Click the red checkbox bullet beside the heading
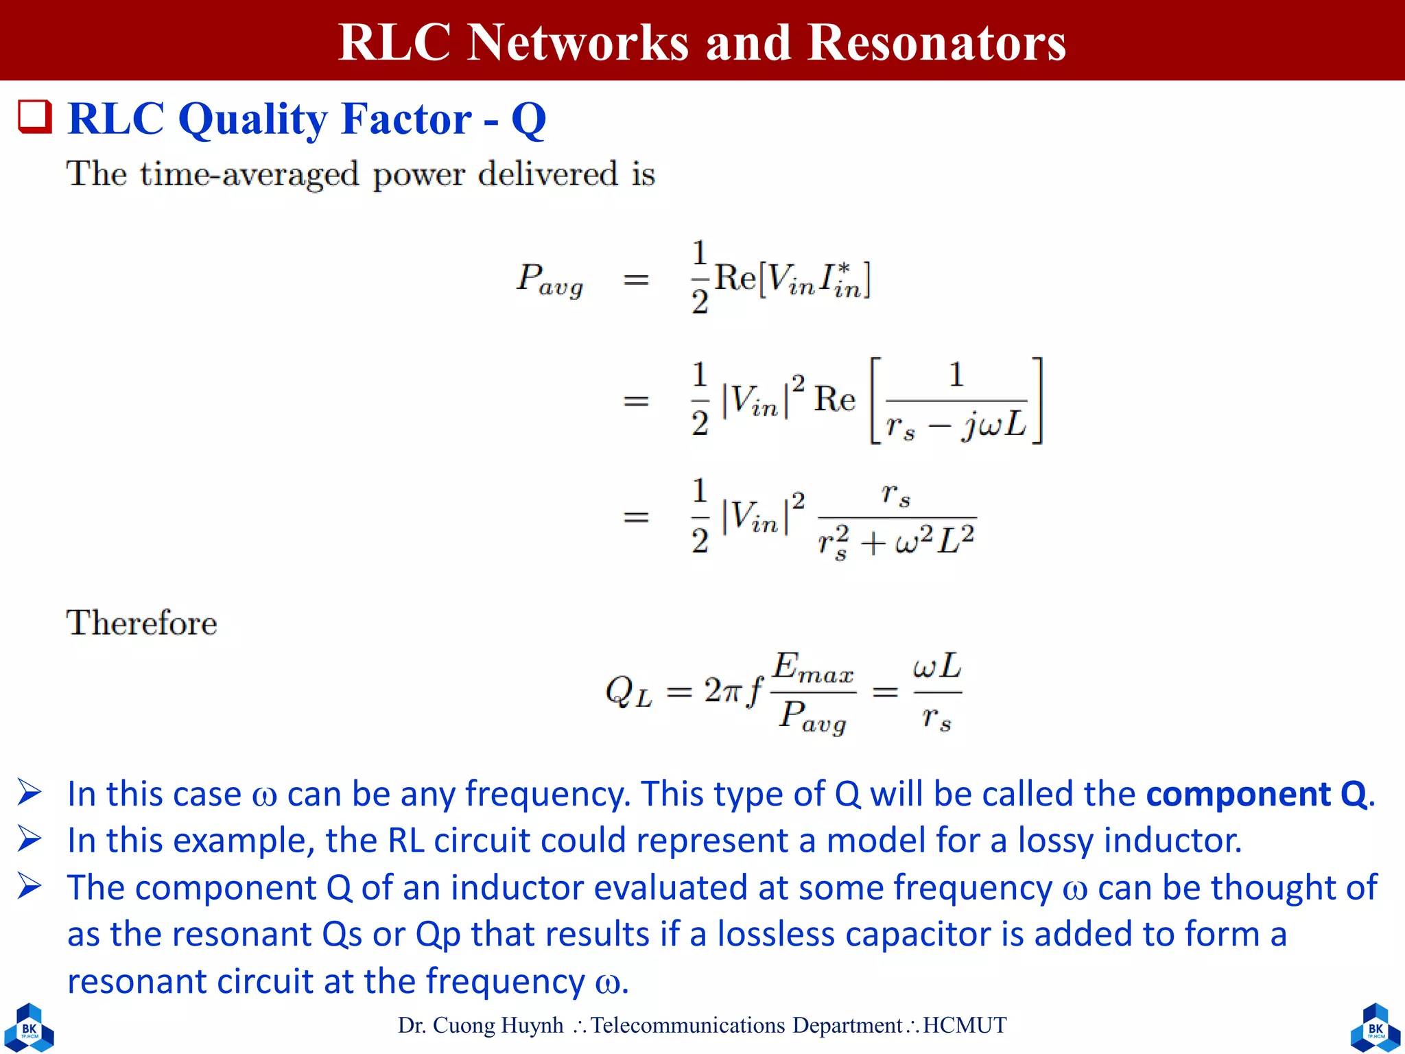tap(35, 117)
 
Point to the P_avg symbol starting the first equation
tap(550, 280)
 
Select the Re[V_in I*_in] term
tap(792, 279)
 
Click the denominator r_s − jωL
tap(956, 425)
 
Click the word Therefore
tap(141, 623)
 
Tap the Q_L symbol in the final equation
tap(628, 691)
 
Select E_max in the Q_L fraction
tap(814, 667)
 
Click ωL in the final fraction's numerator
tap(937, 666)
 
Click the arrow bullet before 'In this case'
tap(29, 793)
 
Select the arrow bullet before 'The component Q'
tap(29, 887)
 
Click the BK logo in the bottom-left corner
tap(29, 1027)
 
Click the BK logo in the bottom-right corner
tap(1375, 1027)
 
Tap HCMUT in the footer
tap(965, 1025)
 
